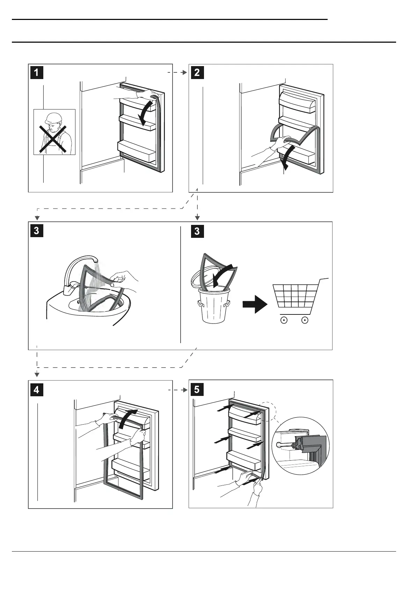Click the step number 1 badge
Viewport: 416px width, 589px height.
37,73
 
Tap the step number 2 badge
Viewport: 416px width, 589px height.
197,73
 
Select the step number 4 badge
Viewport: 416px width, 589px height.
37,389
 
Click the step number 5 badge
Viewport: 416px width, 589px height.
197,389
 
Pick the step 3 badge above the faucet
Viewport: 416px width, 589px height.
37,231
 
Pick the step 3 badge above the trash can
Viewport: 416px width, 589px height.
197,231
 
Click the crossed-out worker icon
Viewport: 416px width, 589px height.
54,132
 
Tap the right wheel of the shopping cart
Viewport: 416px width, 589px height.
305,320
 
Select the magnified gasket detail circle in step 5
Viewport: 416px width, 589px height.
301,446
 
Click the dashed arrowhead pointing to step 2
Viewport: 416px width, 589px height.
185,73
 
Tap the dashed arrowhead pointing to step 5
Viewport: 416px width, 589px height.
185,389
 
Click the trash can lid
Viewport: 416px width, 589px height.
206,280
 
